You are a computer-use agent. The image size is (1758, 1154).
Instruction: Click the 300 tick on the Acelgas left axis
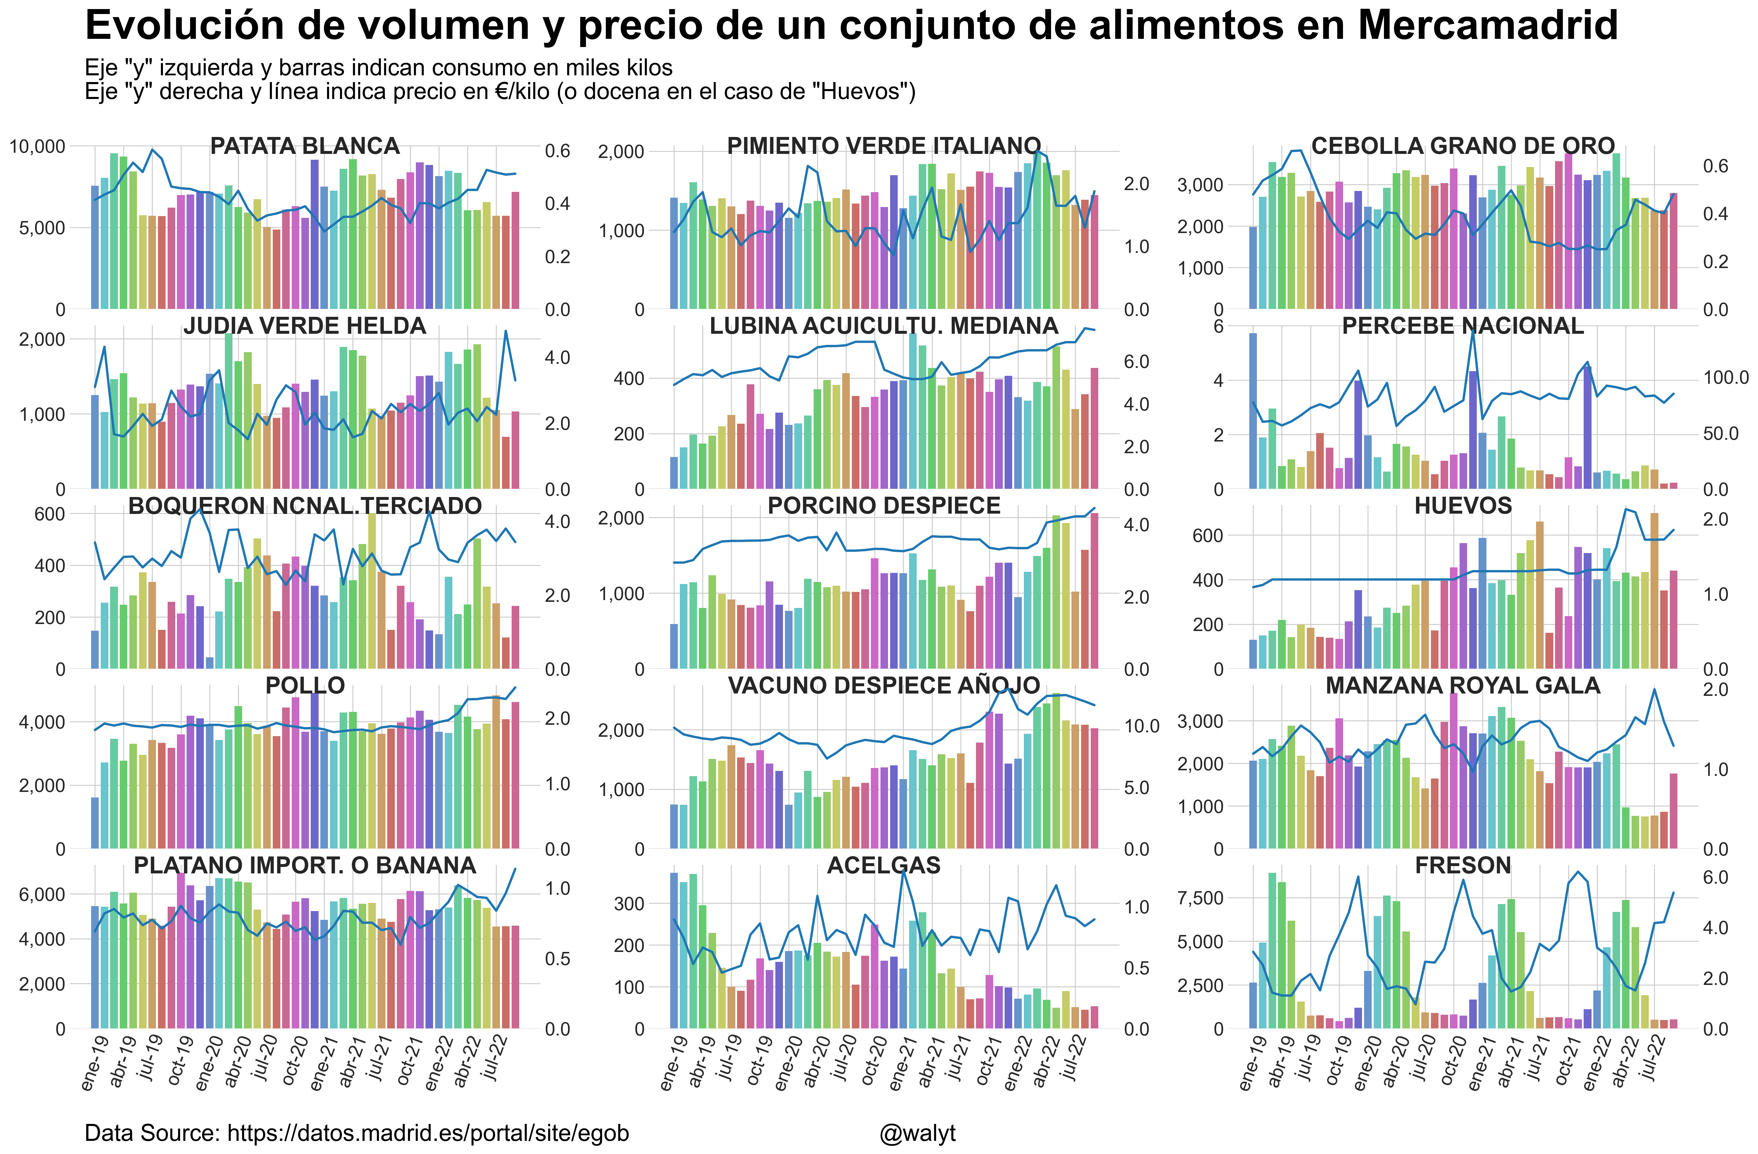tap(629, 903)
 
